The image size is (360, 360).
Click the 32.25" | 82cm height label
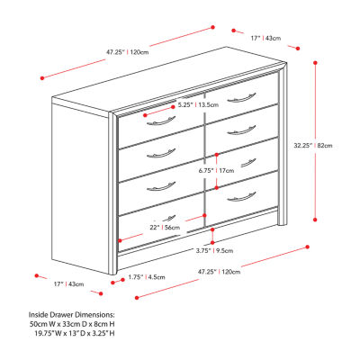[x=313, y=146]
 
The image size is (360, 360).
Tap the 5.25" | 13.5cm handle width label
[x=198, y=105]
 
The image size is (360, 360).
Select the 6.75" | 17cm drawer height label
[x=216, y=171]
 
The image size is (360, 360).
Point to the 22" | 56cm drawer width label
[x=165, y=228]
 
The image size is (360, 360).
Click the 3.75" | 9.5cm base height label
[x=214, y=251]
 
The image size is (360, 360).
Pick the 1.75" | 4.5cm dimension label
[x=147, y=277]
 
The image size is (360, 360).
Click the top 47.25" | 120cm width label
[x=127, y=52]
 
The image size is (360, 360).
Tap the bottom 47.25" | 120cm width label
[x=219, y=272]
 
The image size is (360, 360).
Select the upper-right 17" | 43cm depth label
[x=265, y=38]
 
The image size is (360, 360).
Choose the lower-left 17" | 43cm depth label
[x=69, y=283]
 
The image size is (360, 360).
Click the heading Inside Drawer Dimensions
[x=72, y=315]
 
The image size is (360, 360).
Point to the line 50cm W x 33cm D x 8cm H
[x=72, y=324]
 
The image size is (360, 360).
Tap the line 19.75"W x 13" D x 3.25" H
[x=75, y=333]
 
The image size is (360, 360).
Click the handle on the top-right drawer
[x=241, y=98]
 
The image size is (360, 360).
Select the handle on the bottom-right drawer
[x=241, y=196]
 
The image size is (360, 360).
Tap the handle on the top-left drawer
[x=161, y=121]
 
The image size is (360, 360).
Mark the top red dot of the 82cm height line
[x=315, y=63]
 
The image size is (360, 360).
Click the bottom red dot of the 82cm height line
[x=315, y=220]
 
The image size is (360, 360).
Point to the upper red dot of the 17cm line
[x=217, y=155]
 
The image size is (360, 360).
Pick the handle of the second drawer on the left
[x=161, y=153]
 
